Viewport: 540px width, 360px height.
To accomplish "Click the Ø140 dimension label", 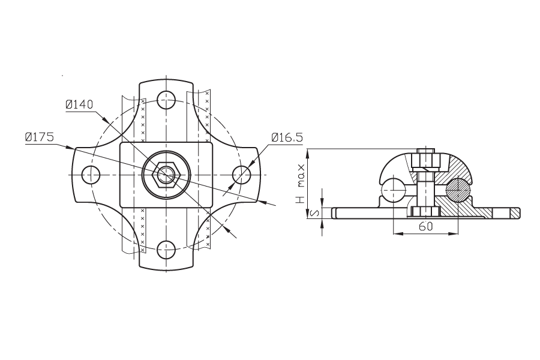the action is (79, 104).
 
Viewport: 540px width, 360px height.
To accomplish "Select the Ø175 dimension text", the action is (40, 137).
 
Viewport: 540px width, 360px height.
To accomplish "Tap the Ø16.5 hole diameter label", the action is (287, 137).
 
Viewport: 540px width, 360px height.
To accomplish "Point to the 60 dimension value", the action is (425, 226).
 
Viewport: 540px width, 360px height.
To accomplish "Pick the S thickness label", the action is (314, 214).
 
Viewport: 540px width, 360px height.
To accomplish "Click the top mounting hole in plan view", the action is (166, 100).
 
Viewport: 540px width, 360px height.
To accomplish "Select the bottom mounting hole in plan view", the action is (166, 250).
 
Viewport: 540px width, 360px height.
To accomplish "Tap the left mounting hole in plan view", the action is (91, 175).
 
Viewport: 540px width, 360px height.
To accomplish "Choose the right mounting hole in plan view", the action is (241, 175).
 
